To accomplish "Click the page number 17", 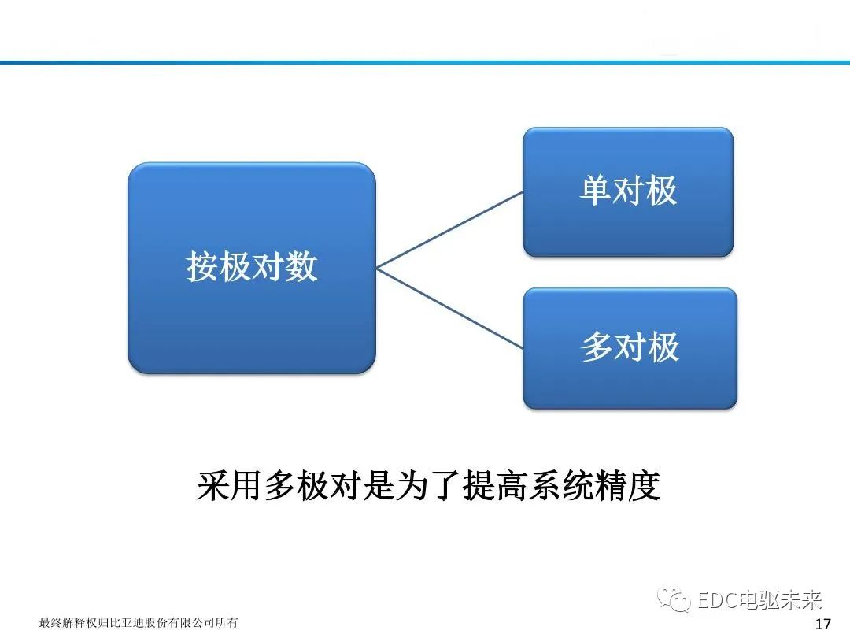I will (x=823, y=625).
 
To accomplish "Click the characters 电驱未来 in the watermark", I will (x=778, y=601).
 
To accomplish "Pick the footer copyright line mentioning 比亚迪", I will (x=139, y=623).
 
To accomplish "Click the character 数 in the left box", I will (x=301, y=266).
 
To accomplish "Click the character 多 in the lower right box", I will (x=597, y=347).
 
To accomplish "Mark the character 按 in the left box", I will (x=202, y=266).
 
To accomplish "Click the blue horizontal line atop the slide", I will (x=425, y=62).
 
